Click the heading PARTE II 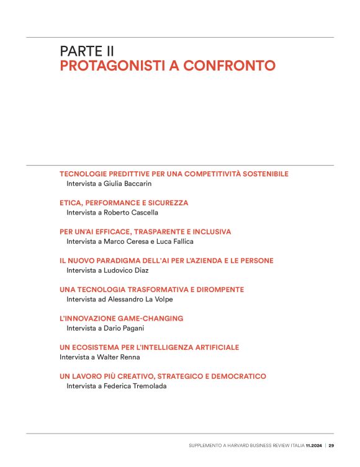click(x=87, y=51)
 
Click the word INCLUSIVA click(x=207, y=231)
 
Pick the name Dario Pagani click(x=124, y=328)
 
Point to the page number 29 click(x=331, y=445)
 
